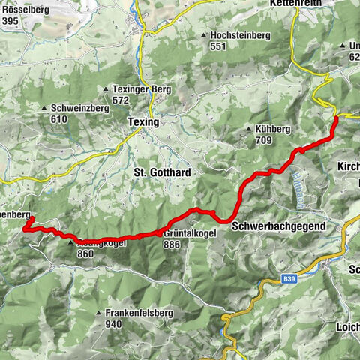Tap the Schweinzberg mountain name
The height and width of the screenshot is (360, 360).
80,107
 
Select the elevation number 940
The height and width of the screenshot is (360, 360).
113,324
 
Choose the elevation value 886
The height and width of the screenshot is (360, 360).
172,244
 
